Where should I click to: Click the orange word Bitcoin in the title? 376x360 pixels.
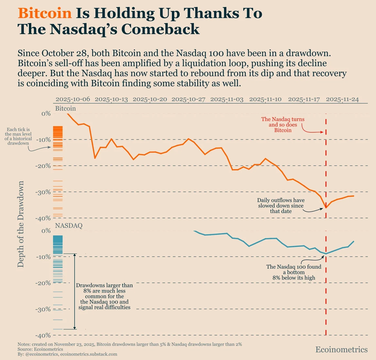pos(45,13)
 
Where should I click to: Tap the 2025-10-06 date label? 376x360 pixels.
pos(73,99)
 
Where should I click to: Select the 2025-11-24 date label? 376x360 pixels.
pos(342,99)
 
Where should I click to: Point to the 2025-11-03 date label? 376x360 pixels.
pos(227,99)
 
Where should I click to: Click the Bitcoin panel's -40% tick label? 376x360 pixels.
pos(43,218)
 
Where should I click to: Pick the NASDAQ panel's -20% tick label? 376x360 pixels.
pos(43,283)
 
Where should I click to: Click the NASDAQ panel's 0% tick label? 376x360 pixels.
pos(46,231)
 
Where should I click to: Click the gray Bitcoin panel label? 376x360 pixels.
pos(66,108)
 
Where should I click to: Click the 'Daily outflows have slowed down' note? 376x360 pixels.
pos(281,206)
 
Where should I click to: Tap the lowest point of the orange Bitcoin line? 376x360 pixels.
pos(326,208)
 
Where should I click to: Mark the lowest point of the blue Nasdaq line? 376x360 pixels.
pos(326,253)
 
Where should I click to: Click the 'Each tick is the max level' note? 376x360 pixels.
pos(18,136)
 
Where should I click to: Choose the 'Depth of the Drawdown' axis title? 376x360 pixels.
pos(21,224)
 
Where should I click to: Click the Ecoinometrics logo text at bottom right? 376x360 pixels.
pos(341,349)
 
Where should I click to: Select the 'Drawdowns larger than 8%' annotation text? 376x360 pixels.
pos(104,296)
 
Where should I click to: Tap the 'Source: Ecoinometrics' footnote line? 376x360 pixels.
pos(40,349)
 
